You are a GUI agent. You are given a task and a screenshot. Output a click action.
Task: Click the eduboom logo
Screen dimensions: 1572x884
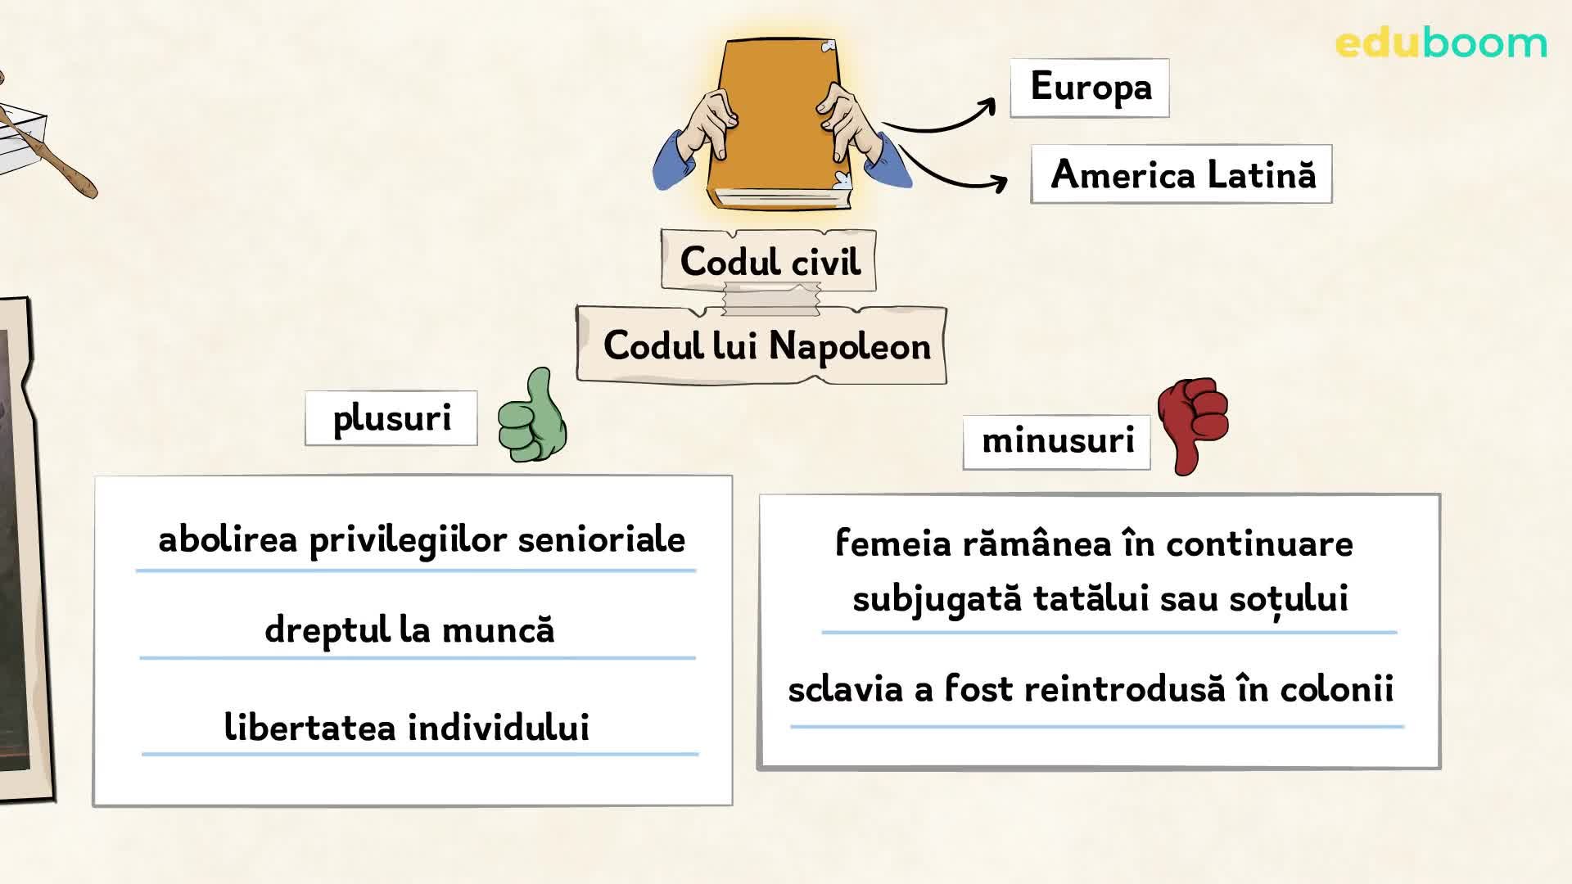(x=1441, y=43)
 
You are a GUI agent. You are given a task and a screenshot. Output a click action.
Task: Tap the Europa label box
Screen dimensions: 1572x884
(x=1090, y=88)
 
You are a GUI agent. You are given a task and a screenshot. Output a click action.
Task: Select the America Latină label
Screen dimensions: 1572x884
(x=1181, y=174)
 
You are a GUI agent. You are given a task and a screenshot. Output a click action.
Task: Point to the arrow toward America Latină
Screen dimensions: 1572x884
(x=950, y=174)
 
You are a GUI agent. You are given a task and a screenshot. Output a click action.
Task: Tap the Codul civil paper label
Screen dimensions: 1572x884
(x=769, y=261)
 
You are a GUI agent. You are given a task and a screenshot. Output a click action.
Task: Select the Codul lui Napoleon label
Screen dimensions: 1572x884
(x=762, y=345)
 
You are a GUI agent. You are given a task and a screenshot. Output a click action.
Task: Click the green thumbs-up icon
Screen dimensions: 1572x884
(x=533, y=415)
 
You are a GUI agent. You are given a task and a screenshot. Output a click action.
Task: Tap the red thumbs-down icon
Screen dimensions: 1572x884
(x=1193, y=425)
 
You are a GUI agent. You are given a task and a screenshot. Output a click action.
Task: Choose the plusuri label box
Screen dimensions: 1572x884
(x=391, y=418)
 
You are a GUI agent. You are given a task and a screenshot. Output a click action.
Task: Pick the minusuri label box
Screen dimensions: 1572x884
(x=1057, y=442)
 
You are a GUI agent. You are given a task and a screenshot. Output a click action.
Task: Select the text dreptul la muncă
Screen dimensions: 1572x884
(x=409, y=631)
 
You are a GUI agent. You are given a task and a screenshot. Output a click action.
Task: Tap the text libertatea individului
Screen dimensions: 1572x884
(x=407, y=727)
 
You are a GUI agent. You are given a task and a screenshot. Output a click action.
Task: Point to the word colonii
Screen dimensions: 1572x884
(x=1336, y=688)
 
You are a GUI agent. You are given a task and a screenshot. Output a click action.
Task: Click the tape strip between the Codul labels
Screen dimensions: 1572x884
(x=771, y=299)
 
